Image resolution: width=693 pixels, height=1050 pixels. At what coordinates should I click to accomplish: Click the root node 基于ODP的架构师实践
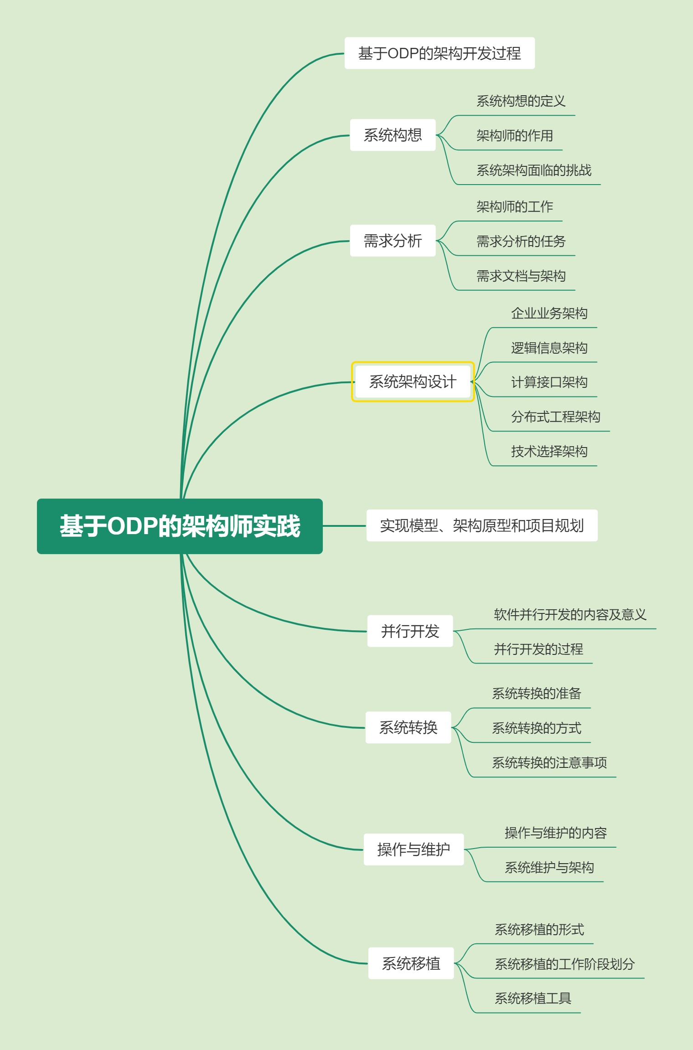(180, 526)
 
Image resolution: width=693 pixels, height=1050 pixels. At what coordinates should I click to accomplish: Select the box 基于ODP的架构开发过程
(440, 53)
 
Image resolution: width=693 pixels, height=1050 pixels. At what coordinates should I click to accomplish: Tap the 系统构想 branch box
(393, 135)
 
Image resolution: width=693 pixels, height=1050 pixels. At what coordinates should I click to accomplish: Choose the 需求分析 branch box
(393, 241)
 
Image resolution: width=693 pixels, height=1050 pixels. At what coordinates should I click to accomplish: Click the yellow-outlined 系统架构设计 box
(413, 382)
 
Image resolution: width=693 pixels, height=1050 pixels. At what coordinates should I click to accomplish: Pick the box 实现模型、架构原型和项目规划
(482, 525)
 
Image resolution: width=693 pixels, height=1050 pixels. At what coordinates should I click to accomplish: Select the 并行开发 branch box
(410, 631)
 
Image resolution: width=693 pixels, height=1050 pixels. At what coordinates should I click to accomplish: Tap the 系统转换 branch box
(408, 727)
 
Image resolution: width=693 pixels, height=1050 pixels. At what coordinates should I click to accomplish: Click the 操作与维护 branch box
(414, 849)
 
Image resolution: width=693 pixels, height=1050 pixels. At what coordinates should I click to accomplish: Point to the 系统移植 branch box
(411, 963)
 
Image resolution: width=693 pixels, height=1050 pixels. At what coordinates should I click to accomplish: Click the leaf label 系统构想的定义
(521, 101)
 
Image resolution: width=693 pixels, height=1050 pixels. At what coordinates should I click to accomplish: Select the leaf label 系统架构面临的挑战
(533, 170)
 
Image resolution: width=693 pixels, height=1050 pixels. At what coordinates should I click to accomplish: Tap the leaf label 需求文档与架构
(521, 276)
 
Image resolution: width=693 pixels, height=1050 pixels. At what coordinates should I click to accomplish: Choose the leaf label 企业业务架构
(549, 314)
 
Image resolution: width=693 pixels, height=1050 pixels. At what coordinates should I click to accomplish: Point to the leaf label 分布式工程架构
(555, 417)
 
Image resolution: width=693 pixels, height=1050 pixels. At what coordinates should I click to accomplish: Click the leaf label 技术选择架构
(549, 452)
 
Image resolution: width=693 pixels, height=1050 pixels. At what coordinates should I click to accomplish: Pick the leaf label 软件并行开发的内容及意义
(570, 615)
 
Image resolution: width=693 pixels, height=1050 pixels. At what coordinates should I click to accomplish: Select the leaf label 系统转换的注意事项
(549, 763)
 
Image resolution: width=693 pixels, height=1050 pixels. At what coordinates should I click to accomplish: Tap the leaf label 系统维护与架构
(549, 868)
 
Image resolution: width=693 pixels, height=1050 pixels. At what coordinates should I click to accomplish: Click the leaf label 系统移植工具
(533, 999)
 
